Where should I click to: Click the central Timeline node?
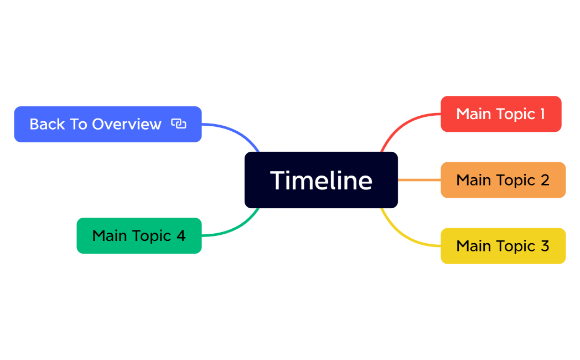321,180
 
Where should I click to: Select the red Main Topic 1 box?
501,114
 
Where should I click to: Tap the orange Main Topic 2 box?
503,180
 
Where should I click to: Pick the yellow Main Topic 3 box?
503,246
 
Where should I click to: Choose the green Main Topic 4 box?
139,235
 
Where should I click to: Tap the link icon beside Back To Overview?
178,124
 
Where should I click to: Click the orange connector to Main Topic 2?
419,180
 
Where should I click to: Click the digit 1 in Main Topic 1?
542,114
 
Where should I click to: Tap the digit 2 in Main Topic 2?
544,180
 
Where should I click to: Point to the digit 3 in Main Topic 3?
544,246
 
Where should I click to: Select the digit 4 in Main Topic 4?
181,235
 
